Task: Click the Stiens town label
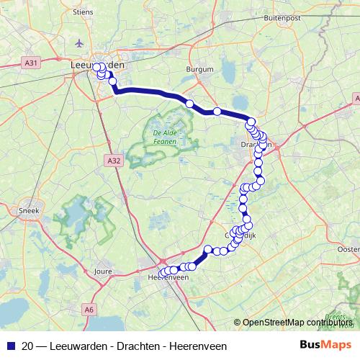pyautogui.click(x=84, y=12)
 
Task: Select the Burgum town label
pyautogui.click(x=200, y=70)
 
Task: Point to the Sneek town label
pyautogui.click(x=27, y=210)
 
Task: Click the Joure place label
pyautogui.click(x=102, y=271)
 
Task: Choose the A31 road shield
pyautogui.click(x=30, y=63)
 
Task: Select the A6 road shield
pyautogui.click(x=89, y=309)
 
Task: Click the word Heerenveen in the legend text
pyautogui.click(x=197, y=346)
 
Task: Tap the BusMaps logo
pyautogui.click(x=326, y=345)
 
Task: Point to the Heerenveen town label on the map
pyautogui.click(x=168, y=279)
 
